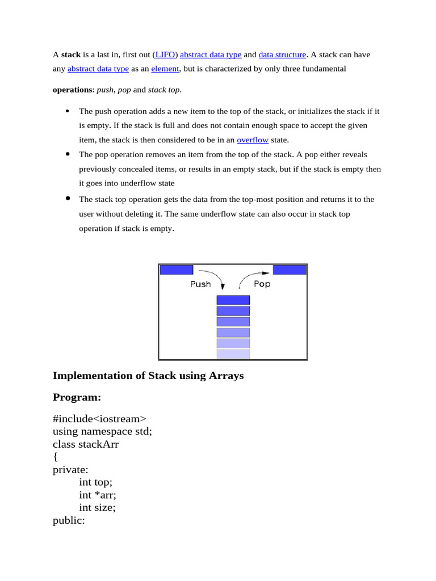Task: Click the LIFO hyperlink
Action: pos(165,55)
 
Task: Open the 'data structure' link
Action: pos(282,55)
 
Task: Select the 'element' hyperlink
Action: pos(165,69)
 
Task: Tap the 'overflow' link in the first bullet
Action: pos(252,140)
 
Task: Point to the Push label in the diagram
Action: pos(200,284)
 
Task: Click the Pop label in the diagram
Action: pos(262,284)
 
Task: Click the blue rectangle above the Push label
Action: pos(177,270)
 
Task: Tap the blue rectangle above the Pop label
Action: pos(290,270)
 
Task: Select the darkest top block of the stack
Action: pos(233,300)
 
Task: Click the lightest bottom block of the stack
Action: pos(233,354)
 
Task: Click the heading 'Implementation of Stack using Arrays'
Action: pos(148,376)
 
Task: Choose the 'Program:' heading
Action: pos(77,397)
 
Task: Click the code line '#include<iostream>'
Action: pos(95,419)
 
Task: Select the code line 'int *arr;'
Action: pos(98,495)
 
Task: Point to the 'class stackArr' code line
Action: pos(86,444)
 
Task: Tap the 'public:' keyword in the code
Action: pos(69,520)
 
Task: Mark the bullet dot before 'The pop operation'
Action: pos(68,154)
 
